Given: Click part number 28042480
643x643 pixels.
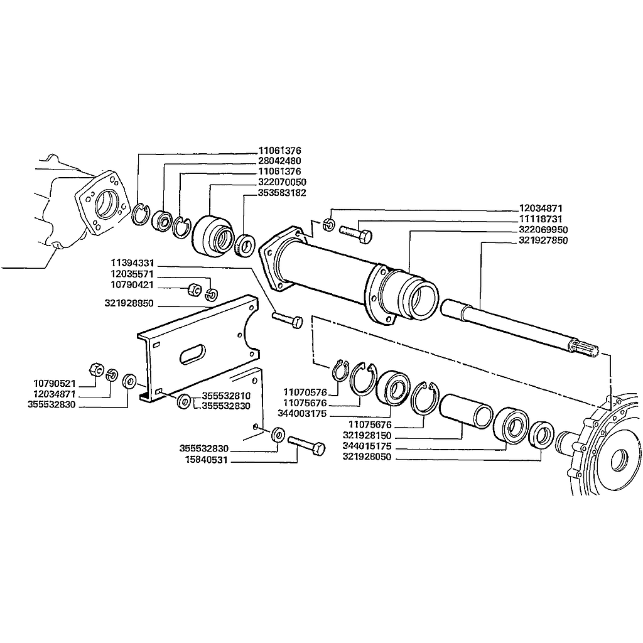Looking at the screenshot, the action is tap(279, 161).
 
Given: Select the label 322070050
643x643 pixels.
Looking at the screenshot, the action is tap(282, 182).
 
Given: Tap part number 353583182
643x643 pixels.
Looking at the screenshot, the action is tap(282, 193).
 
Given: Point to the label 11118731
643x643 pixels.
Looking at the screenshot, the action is tap(541, 219).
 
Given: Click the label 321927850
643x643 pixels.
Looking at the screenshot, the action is tap(543, 240).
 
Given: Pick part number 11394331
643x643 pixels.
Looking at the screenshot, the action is tap(132, 263).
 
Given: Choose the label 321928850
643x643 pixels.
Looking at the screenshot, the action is tap(129, 303).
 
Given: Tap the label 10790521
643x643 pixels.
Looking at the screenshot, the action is tap(55, 384).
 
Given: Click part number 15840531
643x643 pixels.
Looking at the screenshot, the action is tap(206, 460).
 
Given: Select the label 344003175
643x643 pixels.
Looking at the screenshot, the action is tap(302, 414).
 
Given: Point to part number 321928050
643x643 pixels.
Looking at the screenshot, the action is tap(367, 457).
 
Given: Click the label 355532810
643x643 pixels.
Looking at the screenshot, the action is tap(226, 396).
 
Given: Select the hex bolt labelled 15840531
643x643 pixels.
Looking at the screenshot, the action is tap(306, 445).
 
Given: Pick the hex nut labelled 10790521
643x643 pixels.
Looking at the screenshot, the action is tap(95, 369).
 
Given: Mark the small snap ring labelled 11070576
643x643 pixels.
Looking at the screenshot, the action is tap(340, 370).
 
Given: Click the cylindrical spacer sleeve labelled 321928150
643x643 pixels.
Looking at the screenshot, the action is tap(466, 411).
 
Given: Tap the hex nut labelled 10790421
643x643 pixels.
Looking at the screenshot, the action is tap(194, 289).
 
